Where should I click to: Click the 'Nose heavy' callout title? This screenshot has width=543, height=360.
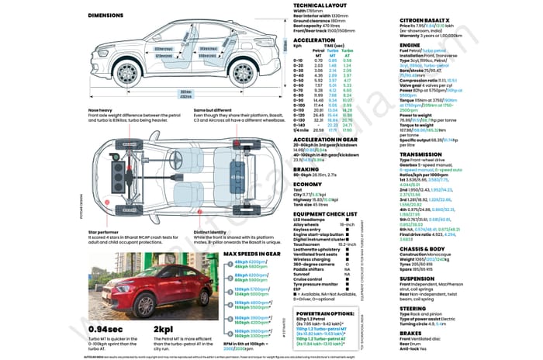click(102, 110)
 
